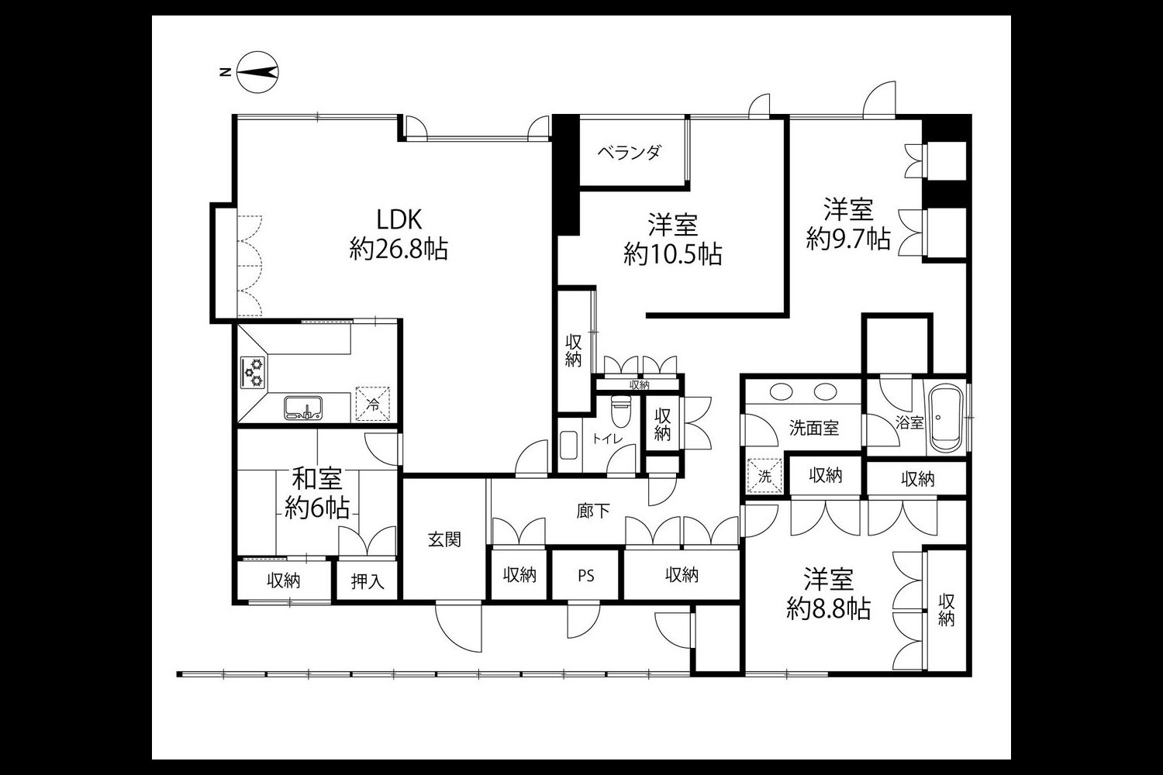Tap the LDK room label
pos(399,219)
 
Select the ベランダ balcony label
pos(630,153)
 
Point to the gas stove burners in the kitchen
pos(253,372)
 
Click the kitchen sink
pos(302,408)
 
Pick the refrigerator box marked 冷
pos(373,403)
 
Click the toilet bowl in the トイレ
pos(620,410)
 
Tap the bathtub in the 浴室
pos(945,417)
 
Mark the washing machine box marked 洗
pos(764,475)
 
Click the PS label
pos(585,576)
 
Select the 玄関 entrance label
pos(444,540)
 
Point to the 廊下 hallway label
pos(593,511)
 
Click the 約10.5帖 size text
pos(673,254)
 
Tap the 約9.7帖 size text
pos(848,239)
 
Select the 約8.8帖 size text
pos(829,608)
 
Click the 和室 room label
pos(316,479)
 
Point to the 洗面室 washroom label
pos(813,428)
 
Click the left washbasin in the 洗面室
pos(781,391)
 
